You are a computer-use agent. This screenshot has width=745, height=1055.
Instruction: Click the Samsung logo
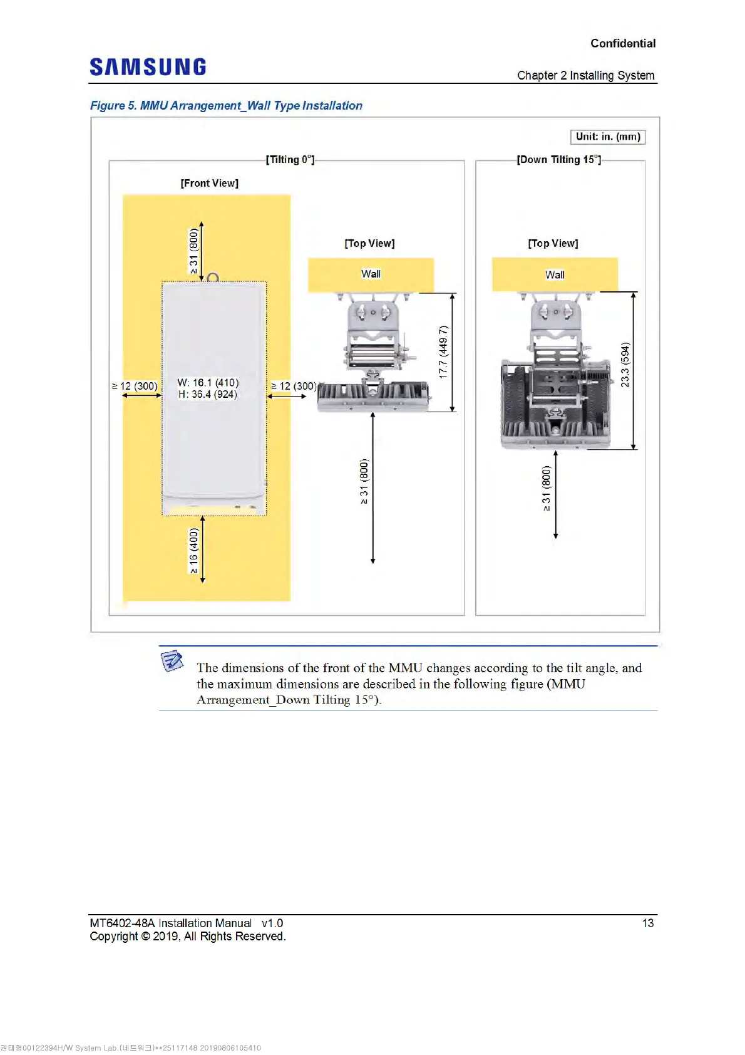coord(148,67)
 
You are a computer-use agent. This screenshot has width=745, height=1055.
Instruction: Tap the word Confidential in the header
coord(622,43)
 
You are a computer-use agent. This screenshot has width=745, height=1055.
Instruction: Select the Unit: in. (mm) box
coord(607,137)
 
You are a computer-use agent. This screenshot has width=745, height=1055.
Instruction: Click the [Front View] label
coord(209,183)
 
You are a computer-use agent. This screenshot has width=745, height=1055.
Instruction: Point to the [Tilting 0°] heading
coord(290,160)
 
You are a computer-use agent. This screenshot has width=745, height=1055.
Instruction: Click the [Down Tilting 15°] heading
coord(558,160)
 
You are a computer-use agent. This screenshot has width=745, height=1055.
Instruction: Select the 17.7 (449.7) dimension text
coord(443,351)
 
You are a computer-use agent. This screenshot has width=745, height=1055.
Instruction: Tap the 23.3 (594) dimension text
coord(625,365)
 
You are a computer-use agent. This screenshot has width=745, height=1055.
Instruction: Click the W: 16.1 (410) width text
coord(208,382)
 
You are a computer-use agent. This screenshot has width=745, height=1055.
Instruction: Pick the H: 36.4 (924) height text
coord(208,394)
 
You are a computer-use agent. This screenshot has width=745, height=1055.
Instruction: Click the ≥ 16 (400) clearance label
coord(193,551)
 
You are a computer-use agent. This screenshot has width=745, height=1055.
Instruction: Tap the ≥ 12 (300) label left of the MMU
coord(135,386)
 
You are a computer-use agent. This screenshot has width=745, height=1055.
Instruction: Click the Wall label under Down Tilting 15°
coord(555,274)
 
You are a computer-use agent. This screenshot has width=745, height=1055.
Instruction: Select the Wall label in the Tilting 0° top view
coord(371,274)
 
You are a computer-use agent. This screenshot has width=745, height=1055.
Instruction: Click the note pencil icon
coord(172,660)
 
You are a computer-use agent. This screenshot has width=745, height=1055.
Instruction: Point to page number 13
coord(647,923)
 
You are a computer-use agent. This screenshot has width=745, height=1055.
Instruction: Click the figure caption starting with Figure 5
coord(226,105)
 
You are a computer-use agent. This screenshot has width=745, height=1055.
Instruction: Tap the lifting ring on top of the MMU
coord(213,278)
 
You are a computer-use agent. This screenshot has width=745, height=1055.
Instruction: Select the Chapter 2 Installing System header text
coord(585,75)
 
